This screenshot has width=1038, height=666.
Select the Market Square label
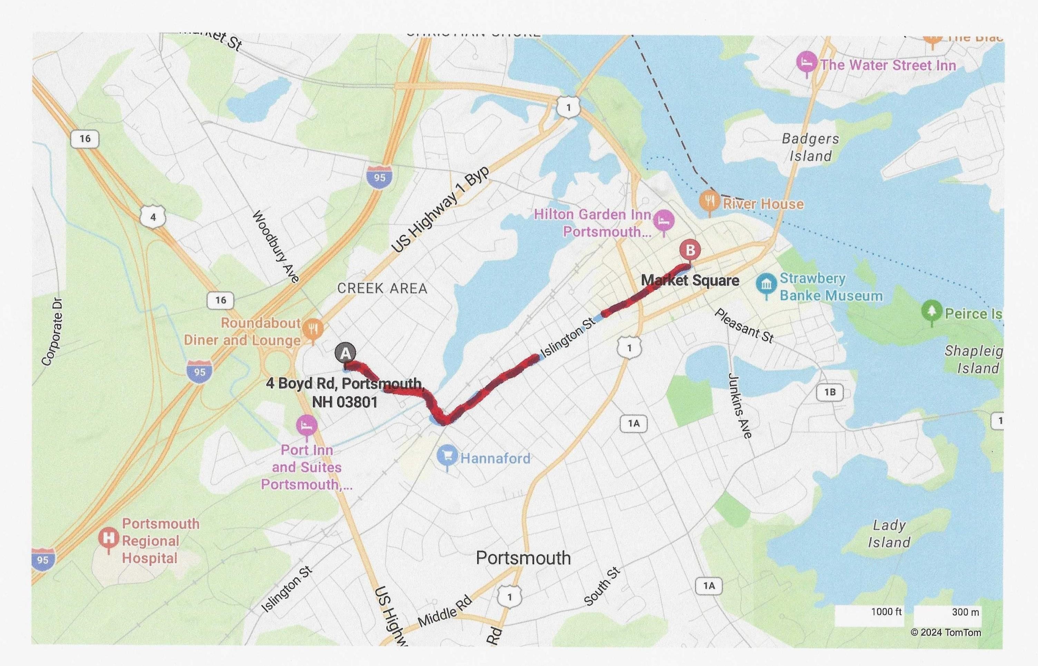pyautogui.click(x=690, y=280)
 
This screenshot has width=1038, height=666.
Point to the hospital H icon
pyautogui.click(x=108, y=539)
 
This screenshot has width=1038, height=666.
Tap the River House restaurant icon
pyautogui.click(x=709, y=201)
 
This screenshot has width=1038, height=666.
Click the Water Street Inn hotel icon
pyautogui.click(x=806, y=63)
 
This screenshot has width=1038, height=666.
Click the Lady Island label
pyautogui.click(x=889, y=534)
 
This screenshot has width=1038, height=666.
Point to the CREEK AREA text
pyautogui.click(x=382, y=288)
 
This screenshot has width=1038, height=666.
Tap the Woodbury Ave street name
pyautogui.click(x=276, y=247)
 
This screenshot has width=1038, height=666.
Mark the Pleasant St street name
pyautogui.click(x=743, y=326)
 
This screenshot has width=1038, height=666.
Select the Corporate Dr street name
pyautogui.click(x=52, y=332)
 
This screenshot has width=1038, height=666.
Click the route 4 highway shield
pyautogui.click(x=153, y=217)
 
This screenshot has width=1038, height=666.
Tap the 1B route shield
pyautogui.click(x=830, y=392)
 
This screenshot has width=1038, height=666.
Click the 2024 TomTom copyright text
pyautogui.click(x=946, y=633)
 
